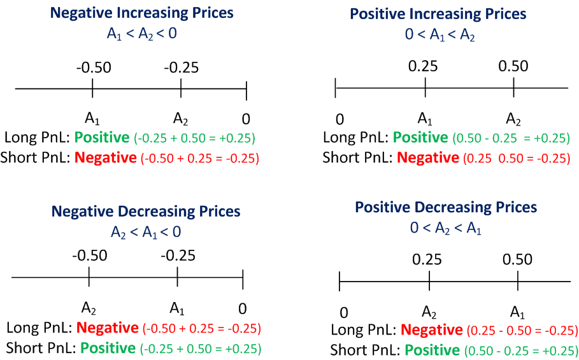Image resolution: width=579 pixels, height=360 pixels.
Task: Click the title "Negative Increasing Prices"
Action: coord(141,13)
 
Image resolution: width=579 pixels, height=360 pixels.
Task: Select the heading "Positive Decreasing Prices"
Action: coord(446,207)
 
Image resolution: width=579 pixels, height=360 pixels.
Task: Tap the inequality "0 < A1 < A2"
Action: coord(441,36)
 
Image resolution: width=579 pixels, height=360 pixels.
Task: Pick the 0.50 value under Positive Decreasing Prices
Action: coord(517,259)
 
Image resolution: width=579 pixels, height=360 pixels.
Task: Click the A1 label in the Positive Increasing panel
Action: coord(425,119)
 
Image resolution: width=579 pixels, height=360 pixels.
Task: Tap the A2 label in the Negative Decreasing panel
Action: coord(89,309)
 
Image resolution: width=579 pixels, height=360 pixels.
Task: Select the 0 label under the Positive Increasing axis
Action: coord(340,119)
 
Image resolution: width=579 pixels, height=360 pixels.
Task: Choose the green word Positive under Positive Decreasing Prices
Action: coord(432,350)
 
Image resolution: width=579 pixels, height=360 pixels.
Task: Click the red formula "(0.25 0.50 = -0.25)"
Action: coord(517,158)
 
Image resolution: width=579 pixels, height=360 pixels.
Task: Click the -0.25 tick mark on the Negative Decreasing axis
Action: coord(177,278)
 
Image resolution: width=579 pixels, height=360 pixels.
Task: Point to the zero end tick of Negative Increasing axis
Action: coord(246,89)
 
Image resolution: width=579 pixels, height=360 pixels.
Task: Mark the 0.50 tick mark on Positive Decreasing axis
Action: coord(517,280)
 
